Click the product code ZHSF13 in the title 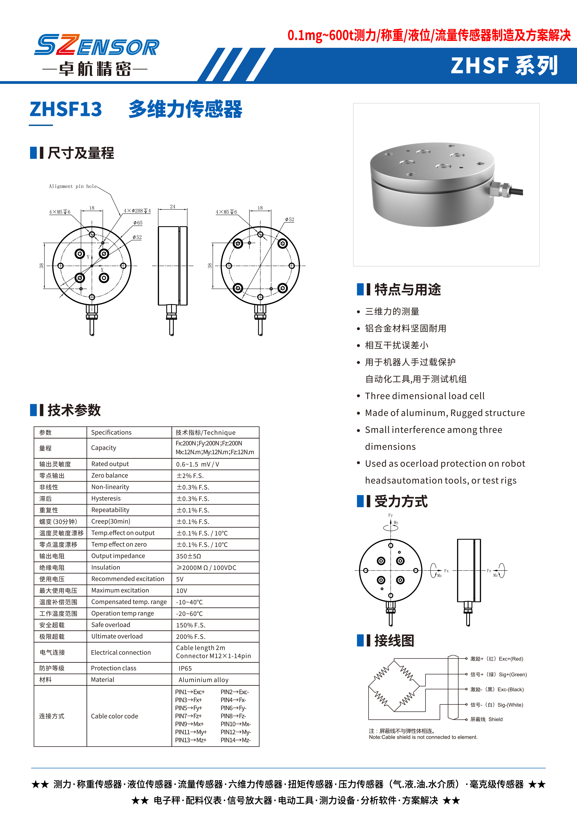click(x=66, y=109)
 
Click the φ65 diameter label click(x=138, y=223)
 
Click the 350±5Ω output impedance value click(x=189, y=556)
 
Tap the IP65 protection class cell click(x=185, y=668)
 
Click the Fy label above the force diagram click(x=390, y=515)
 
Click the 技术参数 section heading click(x=74, y=410)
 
